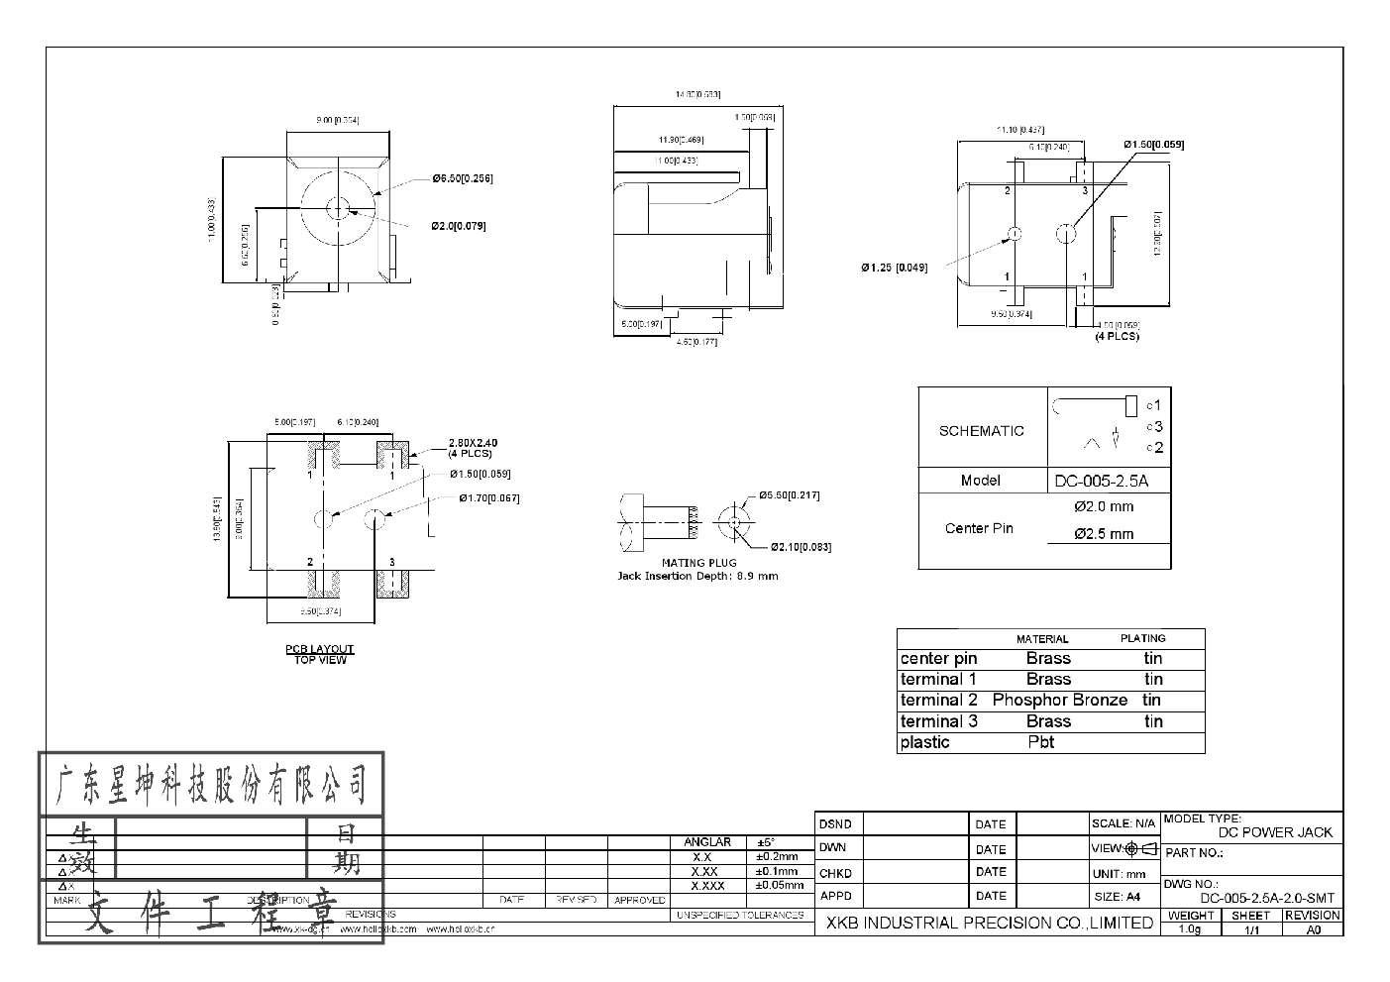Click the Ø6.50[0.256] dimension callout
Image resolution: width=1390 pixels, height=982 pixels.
(x=462, y=178)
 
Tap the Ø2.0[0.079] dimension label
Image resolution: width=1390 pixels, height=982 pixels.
(x=458, y=226)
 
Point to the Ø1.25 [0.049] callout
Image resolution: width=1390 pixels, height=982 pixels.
(x=894, y=268)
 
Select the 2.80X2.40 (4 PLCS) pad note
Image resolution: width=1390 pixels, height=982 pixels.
(x=472, y=448)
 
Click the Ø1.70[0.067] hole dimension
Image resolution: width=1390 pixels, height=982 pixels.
(x=488, y=498)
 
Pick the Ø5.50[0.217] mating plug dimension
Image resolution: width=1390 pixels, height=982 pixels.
(x=789, y=495)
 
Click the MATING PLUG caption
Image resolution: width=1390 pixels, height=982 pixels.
(x=698, y=563)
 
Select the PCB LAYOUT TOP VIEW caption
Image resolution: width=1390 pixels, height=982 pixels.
(x=320, y=654)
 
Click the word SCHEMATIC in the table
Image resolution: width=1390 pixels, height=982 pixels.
(x=981, y=431)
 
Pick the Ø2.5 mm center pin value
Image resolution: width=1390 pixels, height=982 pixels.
(x=1104, y=534)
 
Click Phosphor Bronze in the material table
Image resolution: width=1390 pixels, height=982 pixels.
(x=1059, y=700)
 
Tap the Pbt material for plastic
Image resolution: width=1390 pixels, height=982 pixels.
(x=1040, y=742)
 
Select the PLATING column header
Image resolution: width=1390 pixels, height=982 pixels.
(x=1142, y=638)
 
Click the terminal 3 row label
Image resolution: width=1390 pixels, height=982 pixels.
(x=938, y=721)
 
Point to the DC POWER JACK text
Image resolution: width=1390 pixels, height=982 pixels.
(x=1275, y=832)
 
